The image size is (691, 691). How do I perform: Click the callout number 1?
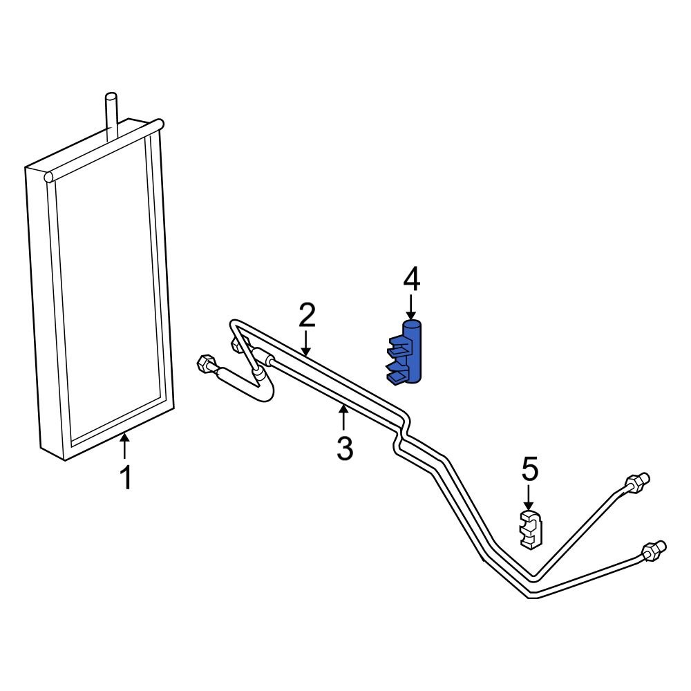[x=125, y=478]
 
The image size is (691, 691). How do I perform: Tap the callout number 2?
[x=307, y=316]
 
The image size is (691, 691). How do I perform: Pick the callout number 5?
[x=529, y=470]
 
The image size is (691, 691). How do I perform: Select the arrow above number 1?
[x=124, y=446]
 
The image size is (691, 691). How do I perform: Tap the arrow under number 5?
[x=529, y=496]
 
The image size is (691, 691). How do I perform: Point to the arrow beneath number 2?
[x=307, y=342]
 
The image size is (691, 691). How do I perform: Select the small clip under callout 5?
[x=530, y=530]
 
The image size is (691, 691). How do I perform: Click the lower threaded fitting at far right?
[x=653, y=550]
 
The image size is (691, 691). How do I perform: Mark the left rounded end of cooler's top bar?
[x=49, y=178]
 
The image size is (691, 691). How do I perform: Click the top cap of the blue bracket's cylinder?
[x=413, y=321]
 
